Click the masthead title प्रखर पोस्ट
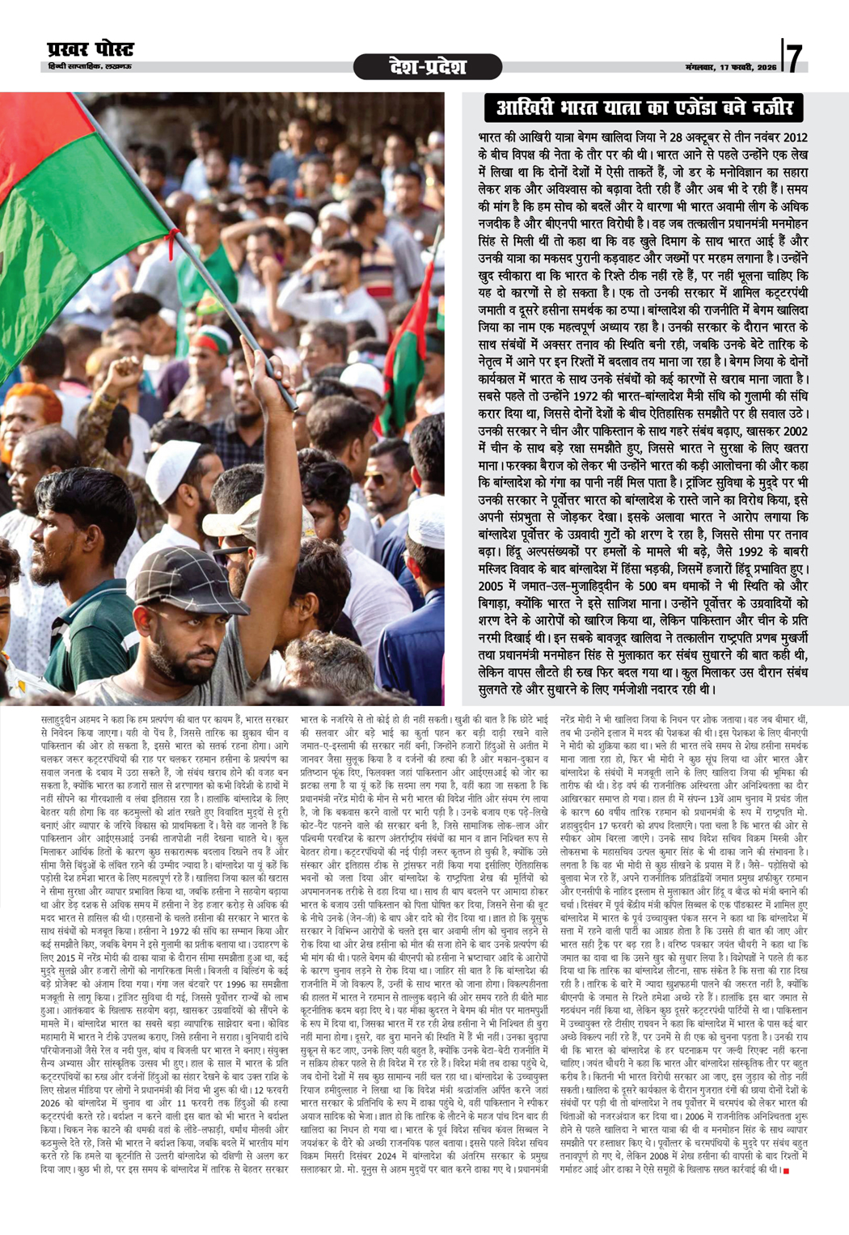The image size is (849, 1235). point(91,51)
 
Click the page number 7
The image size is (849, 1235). point(796,57)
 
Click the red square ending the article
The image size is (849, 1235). point(785,1142)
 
